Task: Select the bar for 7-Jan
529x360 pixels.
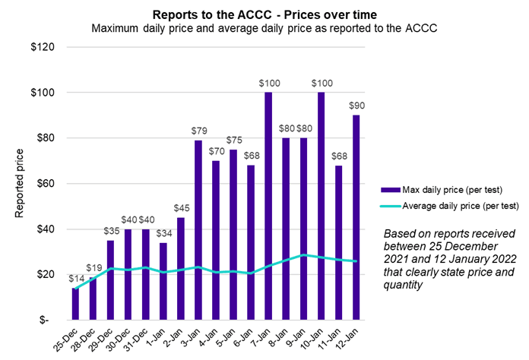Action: tap(268, 205)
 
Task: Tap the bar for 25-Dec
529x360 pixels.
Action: tap(75, 304)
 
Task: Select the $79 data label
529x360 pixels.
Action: tap(198, 132)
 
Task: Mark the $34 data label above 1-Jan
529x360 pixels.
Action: tap(163, 234)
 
